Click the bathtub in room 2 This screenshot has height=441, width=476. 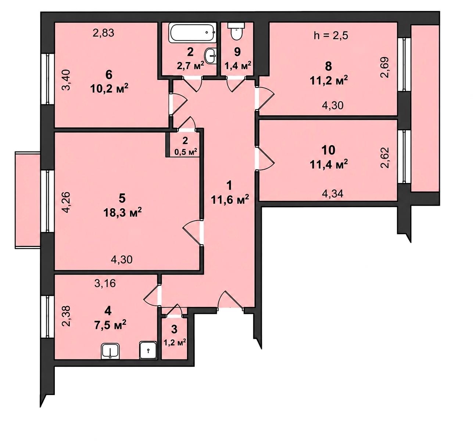click(x=192, y=33)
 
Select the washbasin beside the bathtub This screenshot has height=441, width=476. click(x=210, y=56)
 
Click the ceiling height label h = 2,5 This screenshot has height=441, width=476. click(x=331, y=36)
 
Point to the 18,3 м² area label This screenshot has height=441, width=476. click(x=122, y=212)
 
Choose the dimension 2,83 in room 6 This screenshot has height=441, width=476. click(x=103, y=33)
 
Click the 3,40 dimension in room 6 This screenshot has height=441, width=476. click(x=67, y=80)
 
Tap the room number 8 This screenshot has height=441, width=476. click(x=328, y=67)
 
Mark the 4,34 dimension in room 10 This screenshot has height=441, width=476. click(x=332, y=193)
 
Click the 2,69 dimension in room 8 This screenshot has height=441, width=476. click(x=385, y=67)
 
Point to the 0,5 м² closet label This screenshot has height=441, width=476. click(x=186, y=152)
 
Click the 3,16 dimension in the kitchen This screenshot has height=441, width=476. click(x=105, y=284)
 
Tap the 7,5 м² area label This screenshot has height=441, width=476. click(x=110, y=326)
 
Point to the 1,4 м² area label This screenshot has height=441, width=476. click(x=238, y=65)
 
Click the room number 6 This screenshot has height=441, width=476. click(x=109, y=75)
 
